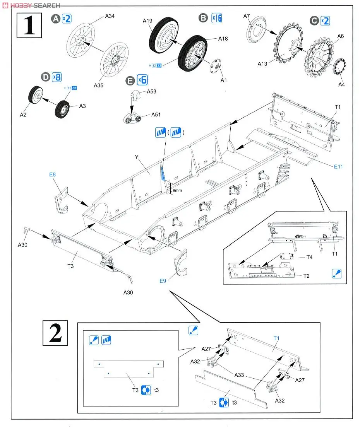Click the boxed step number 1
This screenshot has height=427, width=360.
pos(29,25)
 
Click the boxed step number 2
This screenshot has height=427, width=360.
pos(55,333)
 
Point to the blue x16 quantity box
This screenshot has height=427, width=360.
pos(216,18)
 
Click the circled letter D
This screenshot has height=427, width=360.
pos(46,77)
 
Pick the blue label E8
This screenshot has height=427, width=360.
pos(53,175)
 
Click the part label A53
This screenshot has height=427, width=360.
pos(151,92)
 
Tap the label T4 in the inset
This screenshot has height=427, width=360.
pos(309,257)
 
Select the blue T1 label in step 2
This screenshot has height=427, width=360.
pos(276,338)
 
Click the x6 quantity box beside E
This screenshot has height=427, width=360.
pos(142,80)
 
